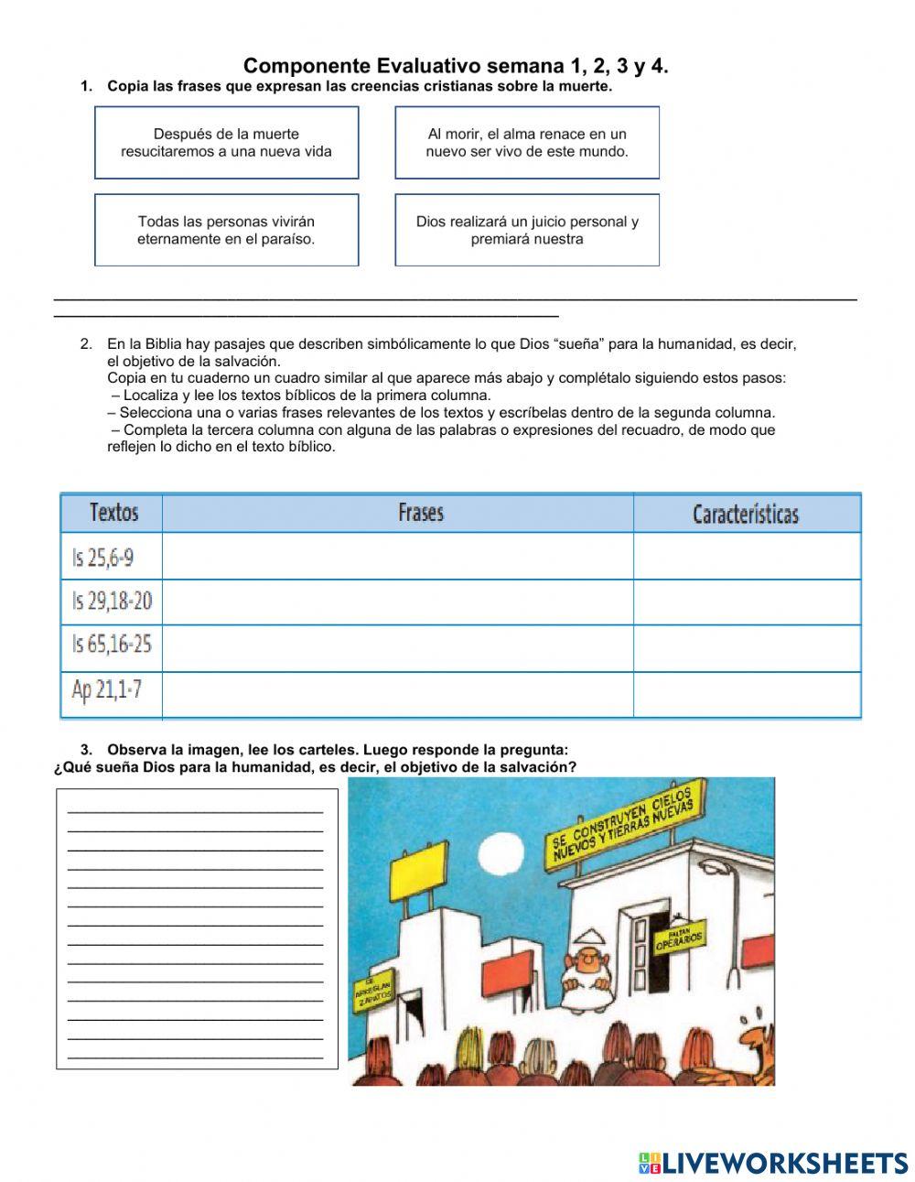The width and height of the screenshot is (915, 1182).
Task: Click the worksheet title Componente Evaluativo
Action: [x=455, y=66]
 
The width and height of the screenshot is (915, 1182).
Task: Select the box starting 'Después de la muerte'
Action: [x=226, y=143]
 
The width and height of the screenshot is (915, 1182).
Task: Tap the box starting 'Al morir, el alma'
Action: [x=527, y=143]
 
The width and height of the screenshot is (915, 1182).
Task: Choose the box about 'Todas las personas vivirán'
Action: [x=226, y=230]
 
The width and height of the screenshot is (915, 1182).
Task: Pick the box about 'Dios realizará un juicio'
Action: [x=527, y=230]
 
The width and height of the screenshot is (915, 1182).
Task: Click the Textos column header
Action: [x=113, y=513]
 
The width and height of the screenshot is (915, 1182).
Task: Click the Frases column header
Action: [x=420, y=513]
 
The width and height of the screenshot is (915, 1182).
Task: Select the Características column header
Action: [x=745, y=514]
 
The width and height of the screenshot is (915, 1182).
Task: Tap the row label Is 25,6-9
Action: [x=102, y=556]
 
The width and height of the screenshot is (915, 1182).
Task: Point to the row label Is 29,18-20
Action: [x=112, y=602]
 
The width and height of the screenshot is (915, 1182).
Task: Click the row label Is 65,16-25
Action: [x=112, y=645]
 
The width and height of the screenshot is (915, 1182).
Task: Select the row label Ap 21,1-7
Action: [x=106, y=689]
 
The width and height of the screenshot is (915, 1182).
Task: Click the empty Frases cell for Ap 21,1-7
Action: [x=397, y=694]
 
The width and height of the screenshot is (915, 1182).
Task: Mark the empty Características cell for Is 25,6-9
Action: [x=747, y=556]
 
